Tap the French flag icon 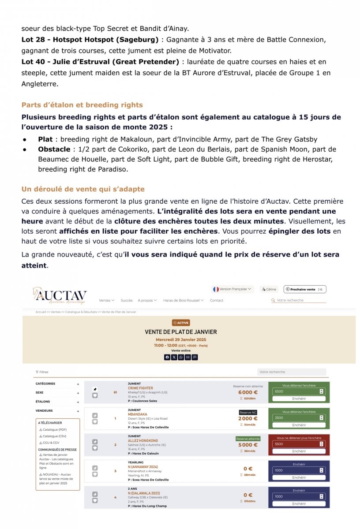(216, 289)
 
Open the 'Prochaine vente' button (305, 289)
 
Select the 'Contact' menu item (217, 300)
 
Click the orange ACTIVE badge (181, 323)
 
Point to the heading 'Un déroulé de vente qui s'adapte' (83, 189)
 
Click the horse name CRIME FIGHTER (140, 388)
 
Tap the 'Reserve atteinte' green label (248, 439)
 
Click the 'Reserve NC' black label (248, 412)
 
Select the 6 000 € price (248, 392)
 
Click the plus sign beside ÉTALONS (78, 402)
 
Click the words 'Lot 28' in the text (33, 39)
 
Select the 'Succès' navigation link (126, 300)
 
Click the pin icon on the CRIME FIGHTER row (95, 389)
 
